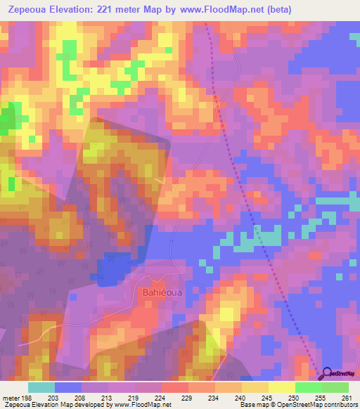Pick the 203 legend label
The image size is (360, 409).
tap(56, 397)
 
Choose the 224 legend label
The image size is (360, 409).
tap(161, 397)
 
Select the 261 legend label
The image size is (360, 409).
tap(345, 397)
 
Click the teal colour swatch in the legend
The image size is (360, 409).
tap(42, 387)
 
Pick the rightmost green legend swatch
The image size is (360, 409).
tap(335, 387)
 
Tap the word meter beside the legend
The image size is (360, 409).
tap(10, 397)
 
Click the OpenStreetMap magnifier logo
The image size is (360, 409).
tap(327, 373)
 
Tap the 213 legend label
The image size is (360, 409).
tap(108, 397)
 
